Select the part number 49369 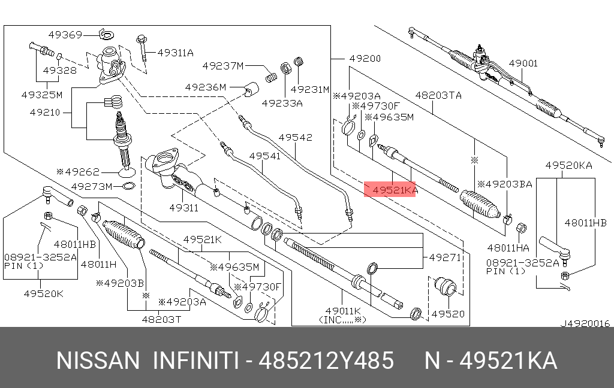coord(65,34)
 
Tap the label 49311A coord(175,53)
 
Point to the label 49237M coord(222,65)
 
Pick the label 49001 coord(523,63)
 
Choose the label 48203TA coord(438,95)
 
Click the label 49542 coord(296,137)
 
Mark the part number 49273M coord(92,186)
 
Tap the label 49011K coord(342,311)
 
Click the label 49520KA coord(568,165)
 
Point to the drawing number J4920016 coord(585,323)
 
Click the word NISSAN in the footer coord(97,361)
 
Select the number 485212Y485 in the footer coord(326,361)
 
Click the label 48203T coord(161,320)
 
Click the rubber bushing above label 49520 coord(446,286)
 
